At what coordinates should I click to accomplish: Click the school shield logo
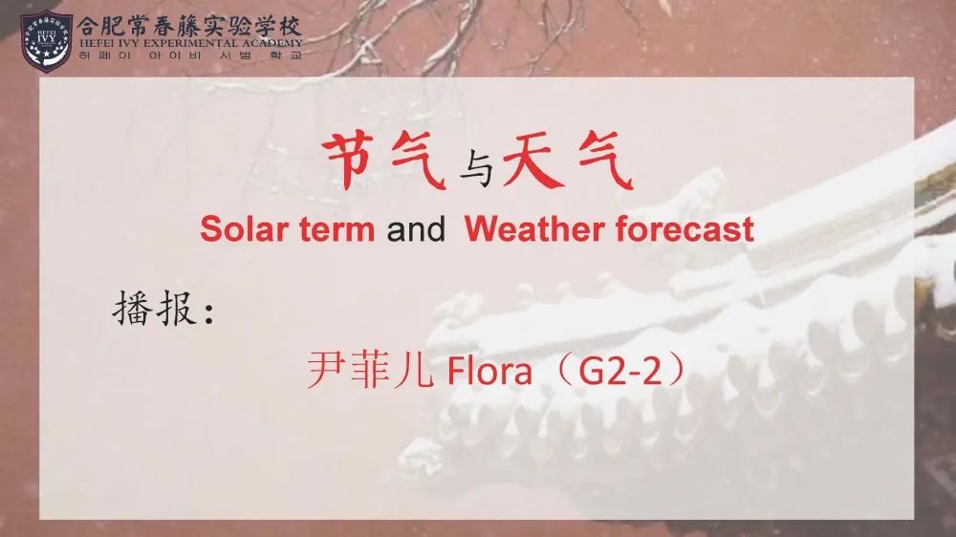(x=46, y=41)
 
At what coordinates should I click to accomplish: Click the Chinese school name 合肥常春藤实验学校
(x=189, y=26)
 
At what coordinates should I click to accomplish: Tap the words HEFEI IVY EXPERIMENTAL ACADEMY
(x=191, y=43)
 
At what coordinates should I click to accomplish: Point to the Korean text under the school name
(x=191, y=55)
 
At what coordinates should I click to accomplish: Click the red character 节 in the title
(x=348, y=161)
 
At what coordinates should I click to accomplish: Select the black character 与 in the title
(x=476, y=167)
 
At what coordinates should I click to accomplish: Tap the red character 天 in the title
(x=532, y=161)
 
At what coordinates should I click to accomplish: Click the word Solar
(x=244, y=229)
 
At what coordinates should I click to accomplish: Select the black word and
(x=416, y=229)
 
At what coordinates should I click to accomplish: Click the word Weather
(x=534, y=229)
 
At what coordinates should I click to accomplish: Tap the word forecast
(x=684, y=229)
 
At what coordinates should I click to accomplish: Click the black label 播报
(x=154, y=309)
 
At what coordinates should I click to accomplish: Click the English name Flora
(x=489, y=370)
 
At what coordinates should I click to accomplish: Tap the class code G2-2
(x=619, y=370)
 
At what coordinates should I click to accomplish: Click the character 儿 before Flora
(x=414, y=371)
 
